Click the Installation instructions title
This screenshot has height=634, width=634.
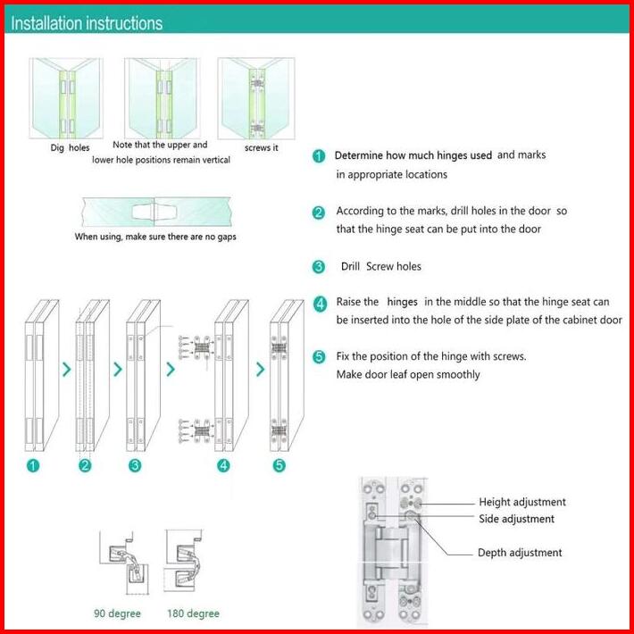87,23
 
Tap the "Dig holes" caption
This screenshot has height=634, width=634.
70,147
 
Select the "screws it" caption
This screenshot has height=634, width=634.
262,147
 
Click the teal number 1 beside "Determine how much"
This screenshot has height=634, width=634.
319,156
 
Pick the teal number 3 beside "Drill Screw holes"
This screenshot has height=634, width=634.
319,267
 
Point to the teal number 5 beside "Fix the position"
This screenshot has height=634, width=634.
319,357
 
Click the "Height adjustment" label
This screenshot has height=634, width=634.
522,503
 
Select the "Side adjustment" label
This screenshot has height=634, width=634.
516,519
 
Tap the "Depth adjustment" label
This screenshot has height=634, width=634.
520,553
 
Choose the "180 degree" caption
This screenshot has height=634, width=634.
193,613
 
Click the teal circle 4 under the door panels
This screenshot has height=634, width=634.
223,465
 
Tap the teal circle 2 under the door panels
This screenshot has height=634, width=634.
85,465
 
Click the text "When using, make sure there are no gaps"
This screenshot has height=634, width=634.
155,237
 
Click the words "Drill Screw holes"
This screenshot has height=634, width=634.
381,266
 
